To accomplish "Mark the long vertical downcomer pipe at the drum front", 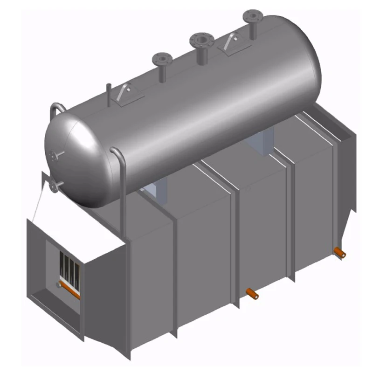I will pyautogui.click(x=123, y=196).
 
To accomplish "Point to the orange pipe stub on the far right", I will pyautogui.click(x=340, y=253).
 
